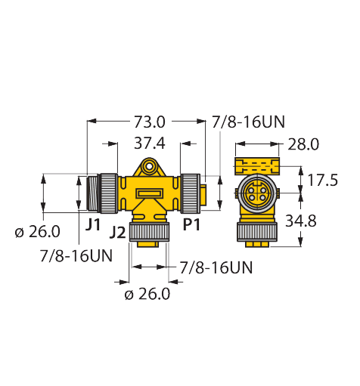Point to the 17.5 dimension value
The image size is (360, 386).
tap(323, 180)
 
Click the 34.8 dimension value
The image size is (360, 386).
tap(323, 221)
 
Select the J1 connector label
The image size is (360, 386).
tap(92, 224)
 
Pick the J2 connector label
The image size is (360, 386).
tap(117, 232)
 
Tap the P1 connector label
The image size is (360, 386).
tap(192, 224)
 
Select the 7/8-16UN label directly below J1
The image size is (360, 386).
tap(76, 255)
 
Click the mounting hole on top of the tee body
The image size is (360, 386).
tap(151, 165)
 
